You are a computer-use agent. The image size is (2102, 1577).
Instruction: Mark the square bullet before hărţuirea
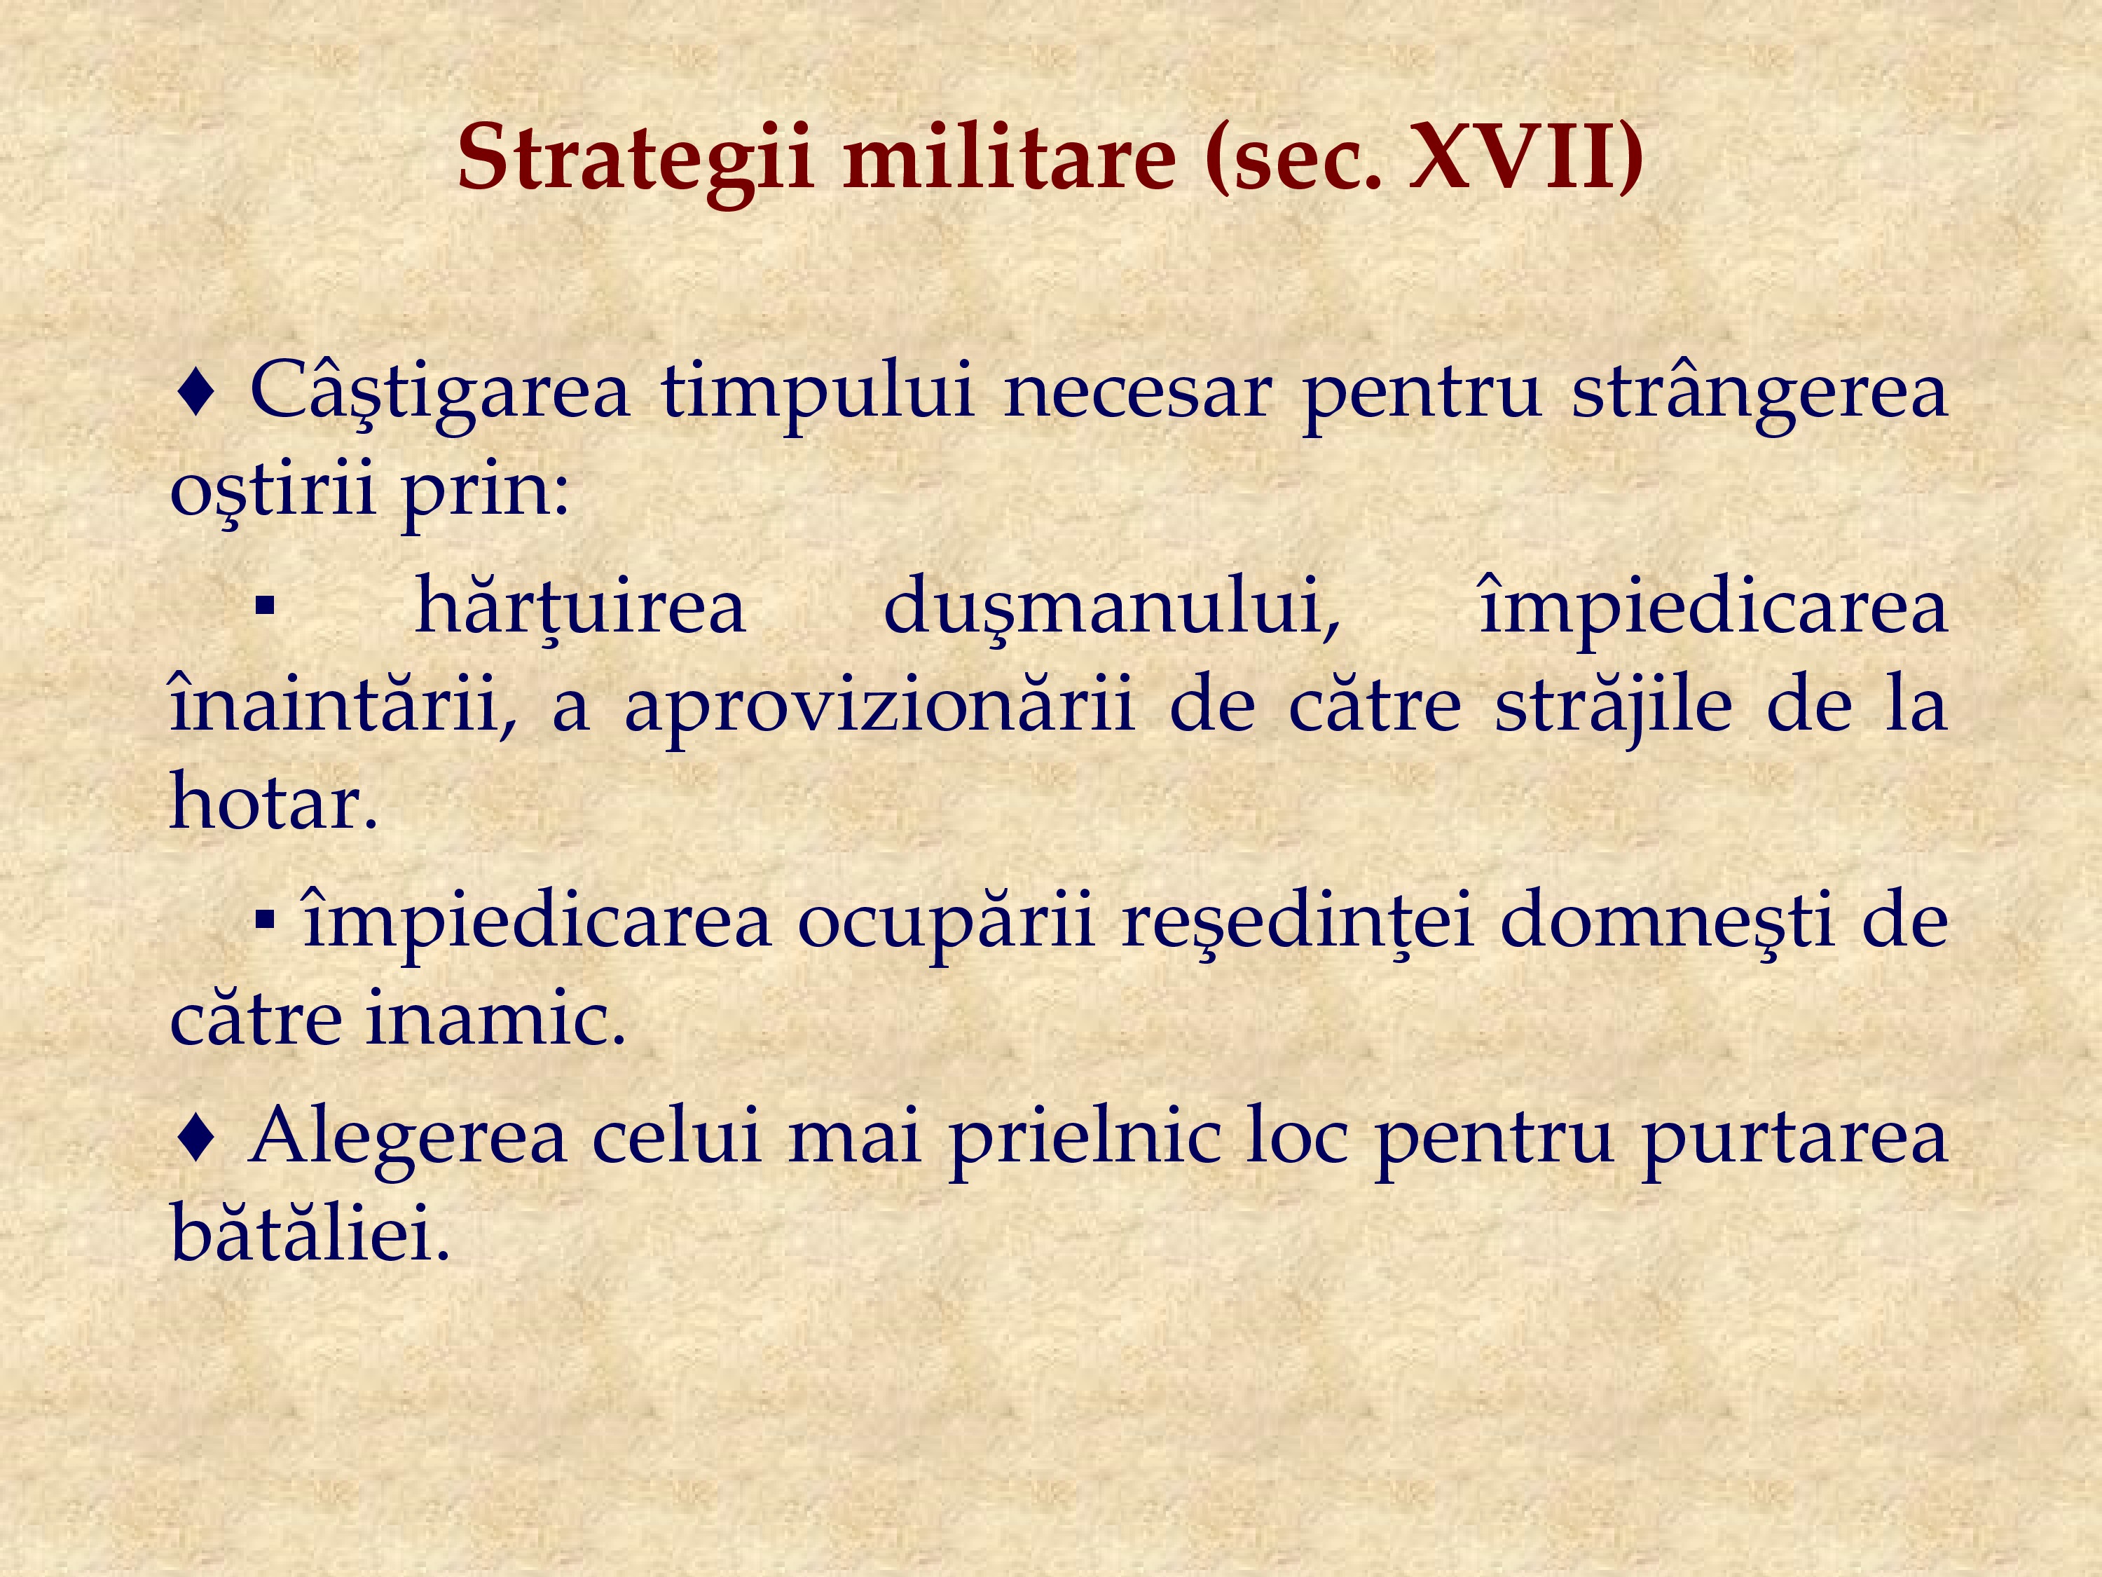265,606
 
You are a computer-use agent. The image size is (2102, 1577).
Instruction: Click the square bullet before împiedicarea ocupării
265,918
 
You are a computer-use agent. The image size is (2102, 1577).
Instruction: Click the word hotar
274,800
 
